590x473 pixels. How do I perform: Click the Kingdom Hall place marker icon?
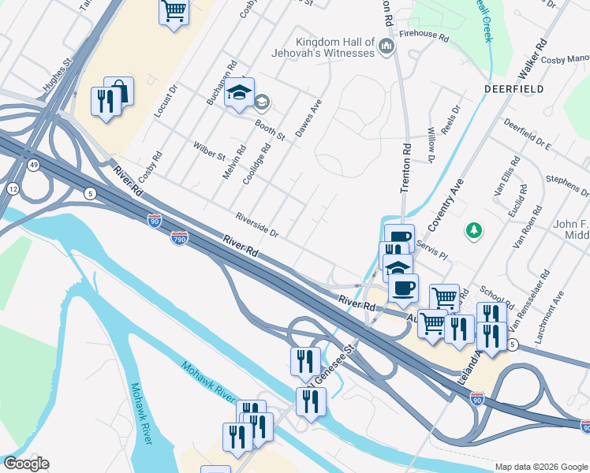coord(386,47)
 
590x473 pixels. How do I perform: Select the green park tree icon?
coord(473,230)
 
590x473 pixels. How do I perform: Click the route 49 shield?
coord(34,164)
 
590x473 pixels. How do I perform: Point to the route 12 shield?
coord(13,190)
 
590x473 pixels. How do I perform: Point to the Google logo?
coord(26,464)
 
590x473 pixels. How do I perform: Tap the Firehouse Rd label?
coord(424,35)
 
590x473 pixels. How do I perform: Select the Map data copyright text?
coord(540,467)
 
